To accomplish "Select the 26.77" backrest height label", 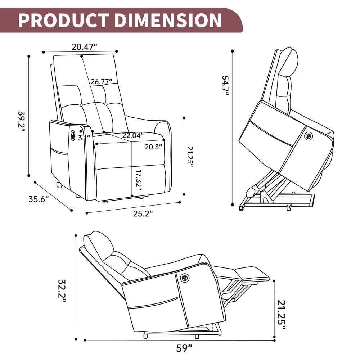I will point(101,82).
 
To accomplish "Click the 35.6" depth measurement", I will point(39,199).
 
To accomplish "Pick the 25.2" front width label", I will point(143,213).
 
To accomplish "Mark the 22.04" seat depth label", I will point(132,135).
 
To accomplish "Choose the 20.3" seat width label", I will point(153,147).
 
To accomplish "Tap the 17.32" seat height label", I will point(139,180).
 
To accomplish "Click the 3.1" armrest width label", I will point(84,137).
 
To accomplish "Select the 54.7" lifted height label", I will point(225,85).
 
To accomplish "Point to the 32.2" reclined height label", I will point(62,291).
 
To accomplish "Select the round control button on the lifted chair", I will point(308,136).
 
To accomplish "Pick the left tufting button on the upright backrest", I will point(82,105).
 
